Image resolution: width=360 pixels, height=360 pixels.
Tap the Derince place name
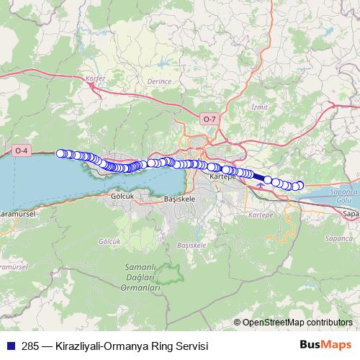[x=160, y=81]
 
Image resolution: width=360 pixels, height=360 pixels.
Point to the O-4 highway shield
[x=22, y=150]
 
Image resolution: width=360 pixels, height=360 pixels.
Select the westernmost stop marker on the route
[x=61, y=153]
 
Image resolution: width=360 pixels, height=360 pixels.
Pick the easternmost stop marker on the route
[x=300, y=186]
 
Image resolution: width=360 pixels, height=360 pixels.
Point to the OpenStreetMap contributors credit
[x=297, y=323]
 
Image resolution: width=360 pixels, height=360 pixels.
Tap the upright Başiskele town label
[x=181, y=197]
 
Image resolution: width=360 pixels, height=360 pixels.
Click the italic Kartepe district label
[x=260, y=215]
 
